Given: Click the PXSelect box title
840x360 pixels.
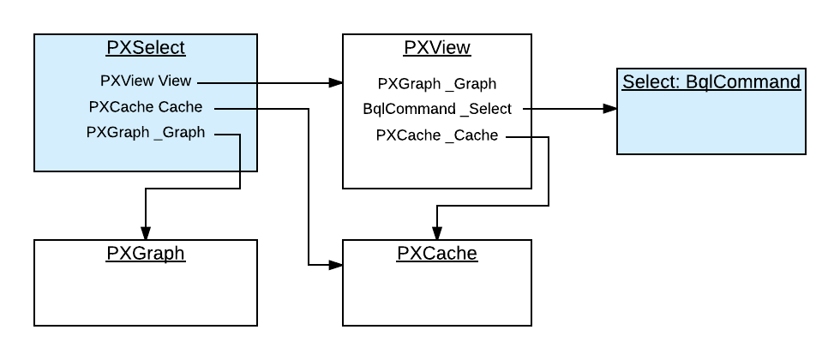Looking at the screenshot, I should (146, 47).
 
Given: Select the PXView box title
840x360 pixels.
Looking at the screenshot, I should (436, 47).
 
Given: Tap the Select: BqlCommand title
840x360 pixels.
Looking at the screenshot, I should (711, 82).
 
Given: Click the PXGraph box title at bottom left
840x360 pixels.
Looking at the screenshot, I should (146, 253).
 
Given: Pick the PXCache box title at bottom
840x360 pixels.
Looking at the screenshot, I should (436, 253).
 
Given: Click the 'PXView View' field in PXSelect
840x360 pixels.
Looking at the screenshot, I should (146, 81).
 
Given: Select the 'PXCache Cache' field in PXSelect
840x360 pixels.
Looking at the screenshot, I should (146, 107).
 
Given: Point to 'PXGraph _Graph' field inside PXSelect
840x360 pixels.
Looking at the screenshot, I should (146, 132).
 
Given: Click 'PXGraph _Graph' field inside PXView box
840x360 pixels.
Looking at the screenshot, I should (436, 84).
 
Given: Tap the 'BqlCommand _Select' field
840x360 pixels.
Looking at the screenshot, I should (436, 109).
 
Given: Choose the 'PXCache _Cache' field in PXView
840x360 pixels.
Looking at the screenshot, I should (436, 135).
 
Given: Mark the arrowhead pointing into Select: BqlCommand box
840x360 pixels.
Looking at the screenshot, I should (609, 109).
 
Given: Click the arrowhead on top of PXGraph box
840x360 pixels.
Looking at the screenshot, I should (146, 232).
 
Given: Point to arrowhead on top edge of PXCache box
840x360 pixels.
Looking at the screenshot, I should (436, 232).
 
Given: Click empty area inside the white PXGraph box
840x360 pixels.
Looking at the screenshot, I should (146, 296).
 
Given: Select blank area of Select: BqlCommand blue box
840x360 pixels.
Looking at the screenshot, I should (711, 124).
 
